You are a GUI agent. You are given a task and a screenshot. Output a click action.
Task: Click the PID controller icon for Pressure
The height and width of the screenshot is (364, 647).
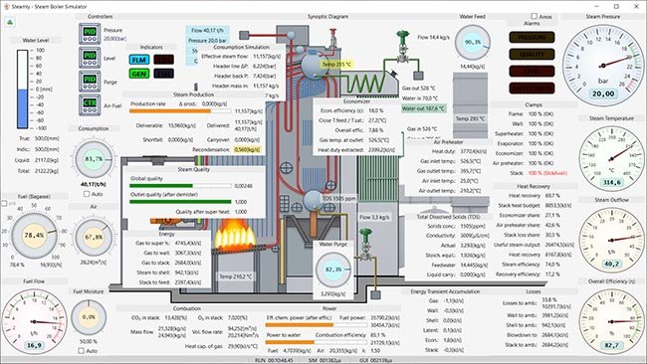(90, 34)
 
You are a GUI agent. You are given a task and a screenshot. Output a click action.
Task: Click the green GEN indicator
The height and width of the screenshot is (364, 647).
(139, 74)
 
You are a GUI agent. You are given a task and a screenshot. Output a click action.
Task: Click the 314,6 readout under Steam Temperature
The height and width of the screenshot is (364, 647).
(603, 183)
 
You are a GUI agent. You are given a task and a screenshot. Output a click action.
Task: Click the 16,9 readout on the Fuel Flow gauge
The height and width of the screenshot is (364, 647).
(34, 346)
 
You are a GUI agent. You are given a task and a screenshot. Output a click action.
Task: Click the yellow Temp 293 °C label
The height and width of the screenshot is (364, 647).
(335, 64)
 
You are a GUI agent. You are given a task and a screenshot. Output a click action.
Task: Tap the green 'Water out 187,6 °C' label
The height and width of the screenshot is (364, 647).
(423, 108)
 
